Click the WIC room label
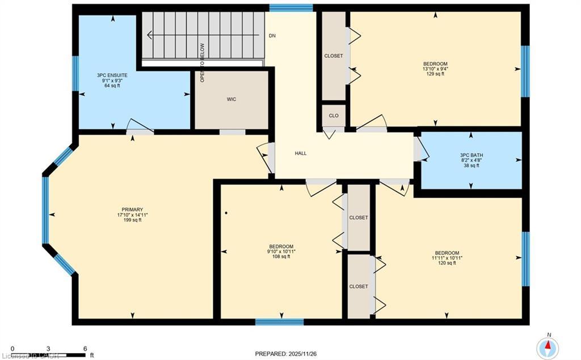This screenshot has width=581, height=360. (x=231, y=99)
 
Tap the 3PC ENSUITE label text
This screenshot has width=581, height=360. (x=112, y=75)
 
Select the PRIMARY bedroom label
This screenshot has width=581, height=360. (x=132, y=209)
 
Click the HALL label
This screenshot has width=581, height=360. (x=301, y=153)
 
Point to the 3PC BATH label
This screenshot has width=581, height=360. (x=471, y=154)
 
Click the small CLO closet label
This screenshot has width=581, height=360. (x=334, y=115)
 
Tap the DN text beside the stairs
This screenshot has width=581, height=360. (x=272, y=35)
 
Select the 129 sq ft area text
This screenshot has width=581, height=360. (x=435, y=74)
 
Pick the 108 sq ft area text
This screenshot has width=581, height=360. (x=281, y=257)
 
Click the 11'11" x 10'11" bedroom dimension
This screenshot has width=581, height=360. (x=447, y=258)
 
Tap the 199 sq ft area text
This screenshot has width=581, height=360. (x=132, y=220)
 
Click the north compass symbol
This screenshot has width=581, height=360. (x=548, y=348)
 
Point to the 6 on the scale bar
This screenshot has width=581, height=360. (x=85, y=349)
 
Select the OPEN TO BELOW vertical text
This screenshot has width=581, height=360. (x=202, y=62)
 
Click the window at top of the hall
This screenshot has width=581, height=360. (x=290, y=8)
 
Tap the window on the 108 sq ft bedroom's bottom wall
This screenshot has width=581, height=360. (x=279, y=322)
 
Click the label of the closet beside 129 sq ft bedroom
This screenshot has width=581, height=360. (x=334, y=56)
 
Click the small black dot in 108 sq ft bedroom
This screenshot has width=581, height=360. (x=226, y=214)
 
